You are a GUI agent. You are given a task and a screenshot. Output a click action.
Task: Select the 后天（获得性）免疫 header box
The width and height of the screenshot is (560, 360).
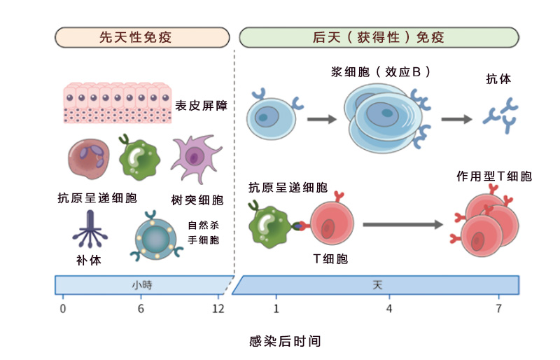point(379,37)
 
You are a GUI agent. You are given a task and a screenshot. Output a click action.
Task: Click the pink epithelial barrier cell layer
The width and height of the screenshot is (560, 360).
point(118,103)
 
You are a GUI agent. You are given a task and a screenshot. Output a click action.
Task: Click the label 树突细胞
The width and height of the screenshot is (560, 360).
point(197,200)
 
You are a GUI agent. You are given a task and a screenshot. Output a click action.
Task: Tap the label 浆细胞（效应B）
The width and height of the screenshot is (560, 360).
point(381,72)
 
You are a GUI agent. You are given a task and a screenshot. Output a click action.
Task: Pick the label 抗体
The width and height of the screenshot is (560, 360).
point(498,79)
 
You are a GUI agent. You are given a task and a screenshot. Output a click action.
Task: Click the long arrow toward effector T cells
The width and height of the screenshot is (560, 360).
point(403,224)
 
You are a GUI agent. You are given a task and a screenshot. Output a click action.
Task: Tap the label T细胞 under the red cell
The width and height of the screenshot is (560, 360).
point(330,258)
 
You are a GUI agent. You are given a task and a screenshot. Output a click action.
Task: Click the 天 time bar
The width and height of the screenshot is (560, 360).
point(377,285)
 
